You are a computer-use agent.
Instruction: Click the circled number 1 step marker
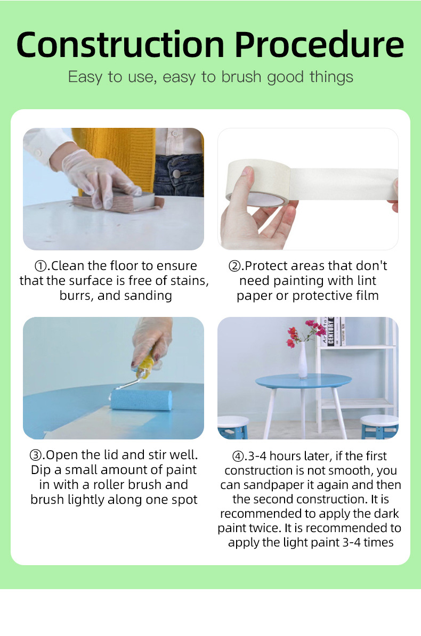click(41, 266)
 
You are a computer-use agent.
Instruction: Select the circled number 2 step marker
click(234, 266)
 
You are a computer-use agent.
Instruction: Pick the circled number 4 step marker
click(238, 456)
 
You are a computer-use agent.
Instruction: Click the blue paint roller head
click(141, 400)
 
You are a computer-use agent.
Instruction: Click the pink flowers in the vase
click(306, 331)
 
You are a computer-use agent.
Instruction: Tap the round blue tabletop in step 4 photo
click(303, 381)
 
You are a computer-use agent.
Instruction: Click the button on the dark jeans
click(176, 174)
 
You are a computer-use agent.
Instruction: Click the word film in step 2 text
click(367, 296)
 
